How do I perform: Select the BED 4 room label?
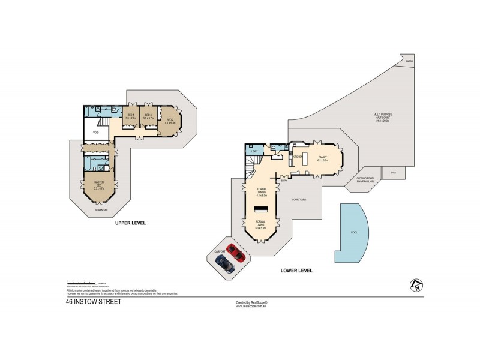[131, 117]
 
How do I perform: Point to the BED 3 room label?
[149, 117]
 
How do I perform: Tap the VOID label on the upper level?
[95, 133]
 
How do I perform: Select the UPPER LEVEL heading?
[131, 224]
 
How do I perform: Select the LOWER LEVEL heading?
[296, 271]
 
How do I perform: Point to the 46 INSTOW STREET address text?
[94, 302]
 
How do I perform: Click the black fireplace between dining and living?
[261, 209]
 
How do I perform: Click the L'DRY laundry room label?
[254, 152]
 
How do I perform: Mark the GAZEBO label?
[409, 61]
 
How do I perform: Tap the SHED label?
[394, 173]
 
